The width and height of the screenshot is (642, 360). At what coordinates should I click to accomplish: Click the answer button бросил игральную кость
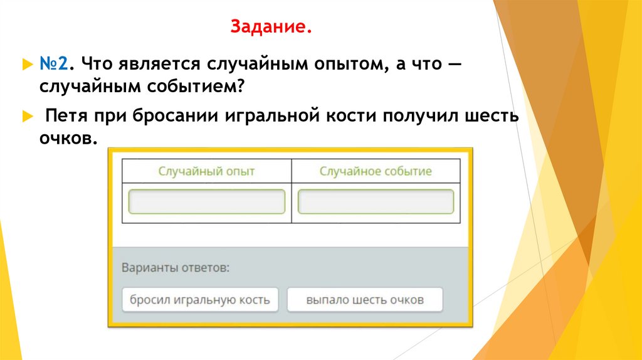pos(199,300)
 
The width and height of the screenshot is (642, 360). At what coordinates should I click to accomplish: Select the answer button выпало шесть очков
pos(365,300)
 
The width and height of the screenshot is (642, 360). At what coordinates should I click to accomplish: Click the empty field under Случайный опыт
pos(207,202)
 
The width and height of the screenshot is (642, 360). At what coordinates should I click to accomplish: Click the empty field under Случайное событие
pos(376,202)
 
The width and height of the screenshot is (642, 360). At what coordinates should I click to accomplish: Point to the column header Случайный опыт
pos(207,171)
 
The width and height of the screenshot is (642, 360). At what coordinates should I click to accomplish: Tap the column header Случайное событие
pos(376,171)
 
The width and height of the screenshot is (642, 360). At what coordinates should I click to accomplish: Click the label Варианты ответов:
pos(176,267)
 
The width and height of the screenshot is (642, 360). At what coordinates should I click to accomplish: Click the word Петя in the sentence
pos(66,116)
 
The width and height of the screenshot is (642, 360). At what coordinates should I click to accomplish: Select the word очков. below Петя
pos(69,139)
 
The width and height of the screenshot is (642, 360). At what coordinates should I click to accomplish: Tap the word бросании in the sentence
pos(165,116)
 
